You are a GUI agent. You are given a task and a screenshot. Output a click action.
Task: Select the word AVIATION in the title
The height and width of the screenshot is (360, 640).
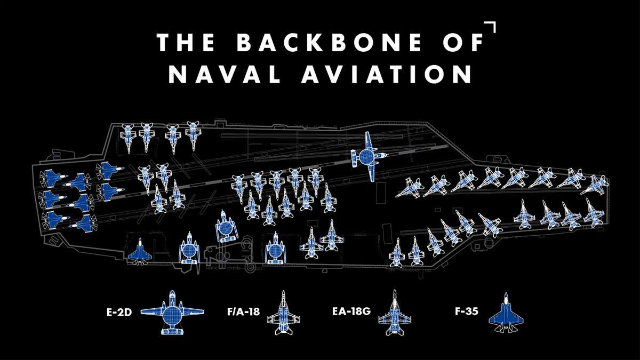[387, 74]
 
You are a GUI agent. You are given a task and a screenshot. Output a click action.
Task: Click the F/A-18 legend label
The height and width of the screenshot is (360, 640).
[244, 311]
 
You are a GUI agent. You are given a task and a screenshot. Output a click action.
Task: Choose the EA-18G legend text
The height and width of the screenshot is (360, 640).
[350, 311]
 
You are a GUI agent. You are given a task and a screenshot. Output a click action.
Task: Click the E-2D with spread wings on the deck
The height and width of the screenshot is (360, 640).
[367, 156]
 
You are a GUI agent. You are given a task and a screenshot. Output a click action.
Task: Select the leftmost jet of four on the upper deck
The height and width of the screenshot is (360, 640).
[129, 137]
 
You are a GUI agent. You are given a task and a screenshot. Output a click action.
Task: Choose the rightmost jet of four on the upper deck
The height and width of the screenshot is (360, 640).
[193, 134]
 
